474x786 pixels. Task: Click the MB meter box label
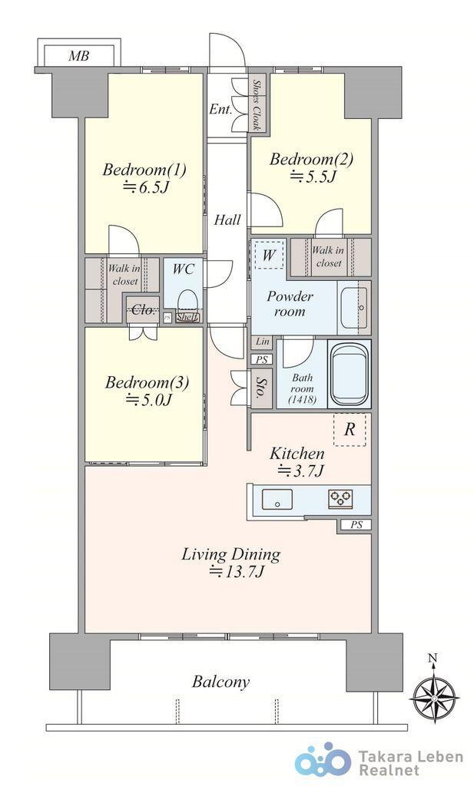pos(79,55)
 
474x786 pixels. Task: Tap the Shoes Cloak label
pos(257,104)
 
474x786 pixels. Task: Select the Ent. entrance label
pos(220,109)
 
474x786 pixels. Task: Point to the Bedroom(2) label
pos(311,160)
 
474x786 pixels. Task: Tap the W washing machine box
pos(269,255)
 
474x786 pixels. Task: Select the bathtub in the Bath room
pos(349,374)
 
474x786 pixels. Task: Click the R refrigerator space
pos(350,430)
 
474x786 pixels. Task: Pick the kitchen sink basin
pos(277,499)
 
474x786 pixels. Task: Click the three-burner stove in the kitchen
pos(340,499)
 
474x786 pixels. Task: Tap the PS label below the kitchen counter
pos(356,525)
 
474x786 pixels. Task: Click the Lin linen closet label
pos(262,342)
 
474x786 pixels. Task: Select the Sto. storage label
pos(260,388)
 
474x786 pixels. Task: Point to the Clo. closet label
pos(143,310)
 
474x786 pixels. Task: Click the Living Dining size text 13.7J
pos(237,572)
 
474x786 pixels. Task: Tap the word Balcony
pos(220,682)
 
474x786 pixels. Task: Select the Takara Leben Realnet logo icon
pos(323,764)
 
